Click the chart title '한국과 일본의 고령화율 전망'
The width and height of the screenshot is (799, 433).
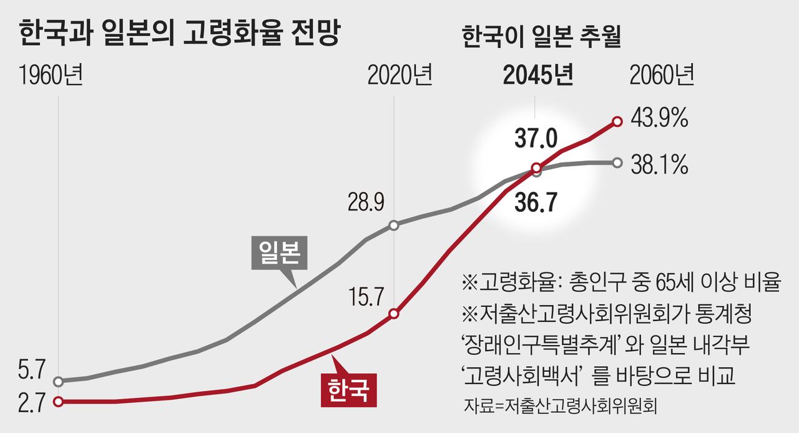point(179,32)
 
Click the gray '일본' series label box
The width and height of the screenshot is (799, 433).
point(277,252)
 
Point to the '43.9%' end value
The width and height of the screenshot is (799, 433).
point(659,119)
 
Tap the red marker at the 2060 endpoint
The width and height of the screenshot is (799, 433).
point(617,121)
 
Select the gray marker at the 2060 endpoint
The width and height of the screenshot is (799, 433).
point(617,163)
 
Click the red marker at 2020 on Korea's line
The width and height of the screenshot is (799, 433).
point(394,314)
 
